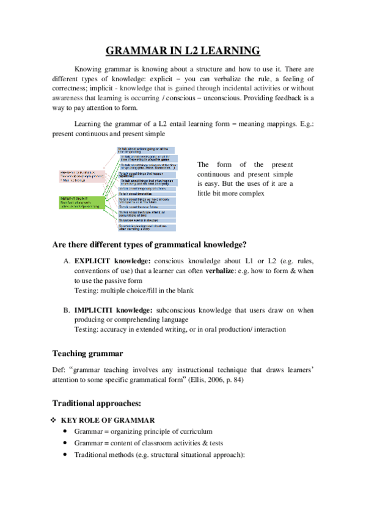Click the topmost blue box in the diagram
click(146, 150)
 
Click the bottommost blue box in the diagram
click(146, 228)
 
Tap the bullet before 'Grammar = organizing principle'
click(65, 432)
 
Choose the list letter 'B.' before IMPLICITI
click(67, 310)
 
